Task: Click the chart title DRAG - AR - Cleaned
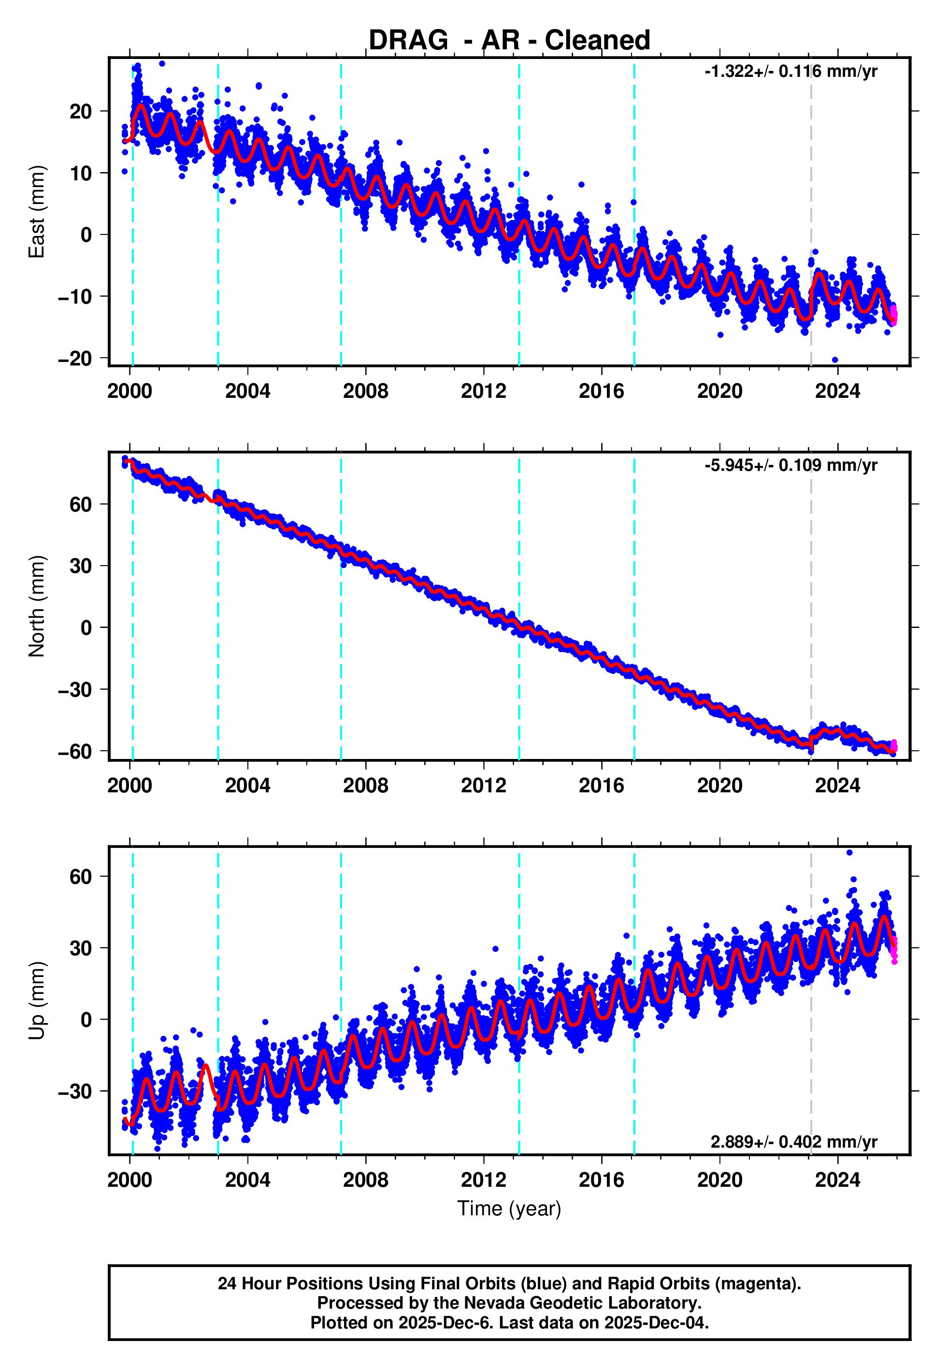[509, 41]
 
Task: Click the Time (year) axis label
[509, 1209]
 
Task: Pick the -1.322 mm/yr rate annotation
[790, 72]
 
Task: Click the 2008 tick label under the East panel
[365, 392]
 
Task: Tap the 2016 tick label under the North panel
[601, 786]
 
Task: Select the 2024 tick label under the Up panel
[837, 1180]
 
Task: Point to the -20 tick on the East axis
[75, 359]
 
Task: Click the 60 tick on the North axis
[81, 504]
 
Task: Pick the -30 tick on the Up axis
[75, 1092]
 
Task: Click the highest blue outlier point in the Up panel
[849, 853]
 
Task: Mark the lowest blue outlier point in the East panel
[834, 360]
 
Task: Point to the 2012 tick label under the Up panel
[484, 1180]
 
